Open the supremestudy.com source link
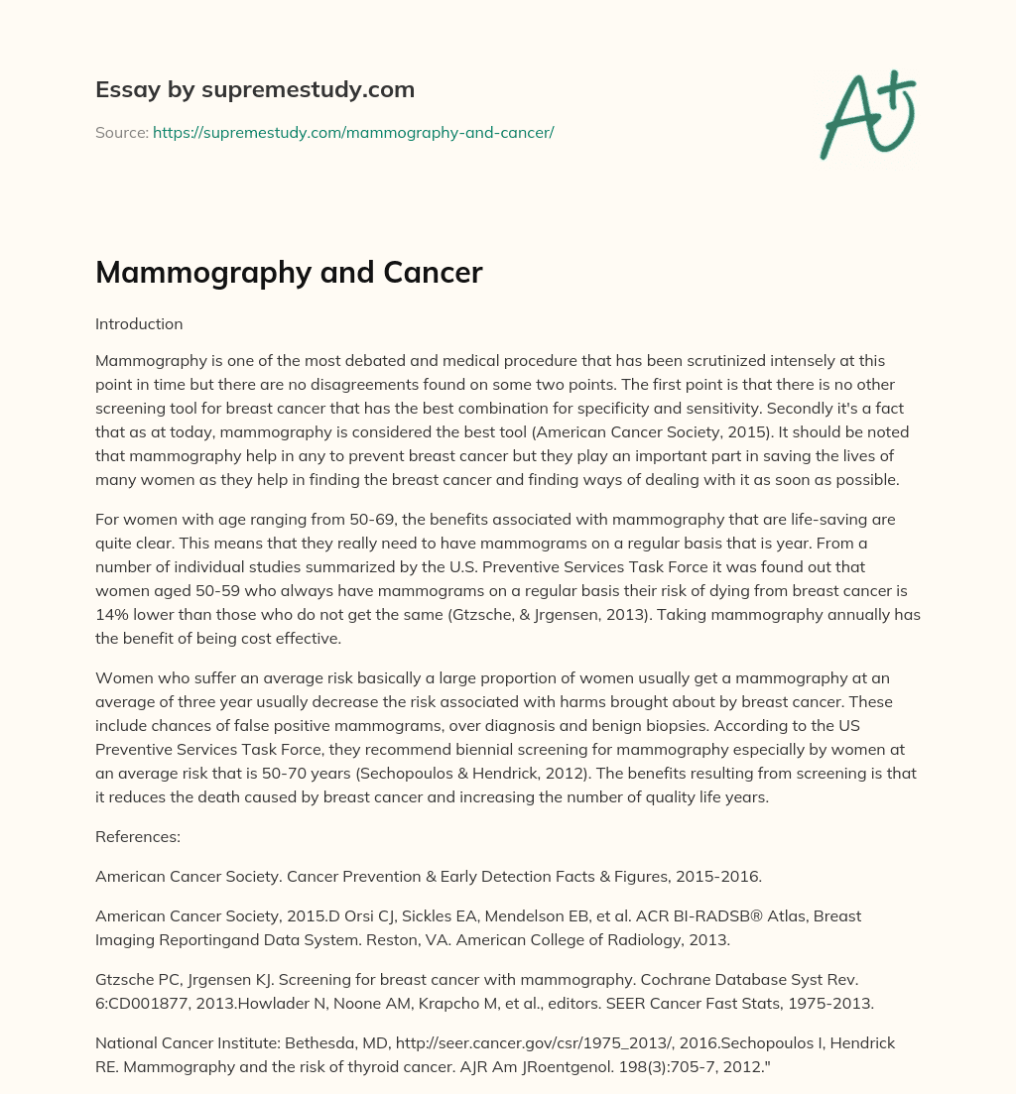click(353, 132)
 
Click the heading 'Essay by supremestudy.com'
click(255, 90)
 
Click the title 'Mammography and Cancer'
click(289, 273)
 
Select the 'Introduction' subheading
click(139, 323)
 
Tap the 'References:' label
click(138, 836)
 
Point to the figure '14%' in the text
click(111, 615)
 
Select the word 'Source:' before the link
click(122, 132)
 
